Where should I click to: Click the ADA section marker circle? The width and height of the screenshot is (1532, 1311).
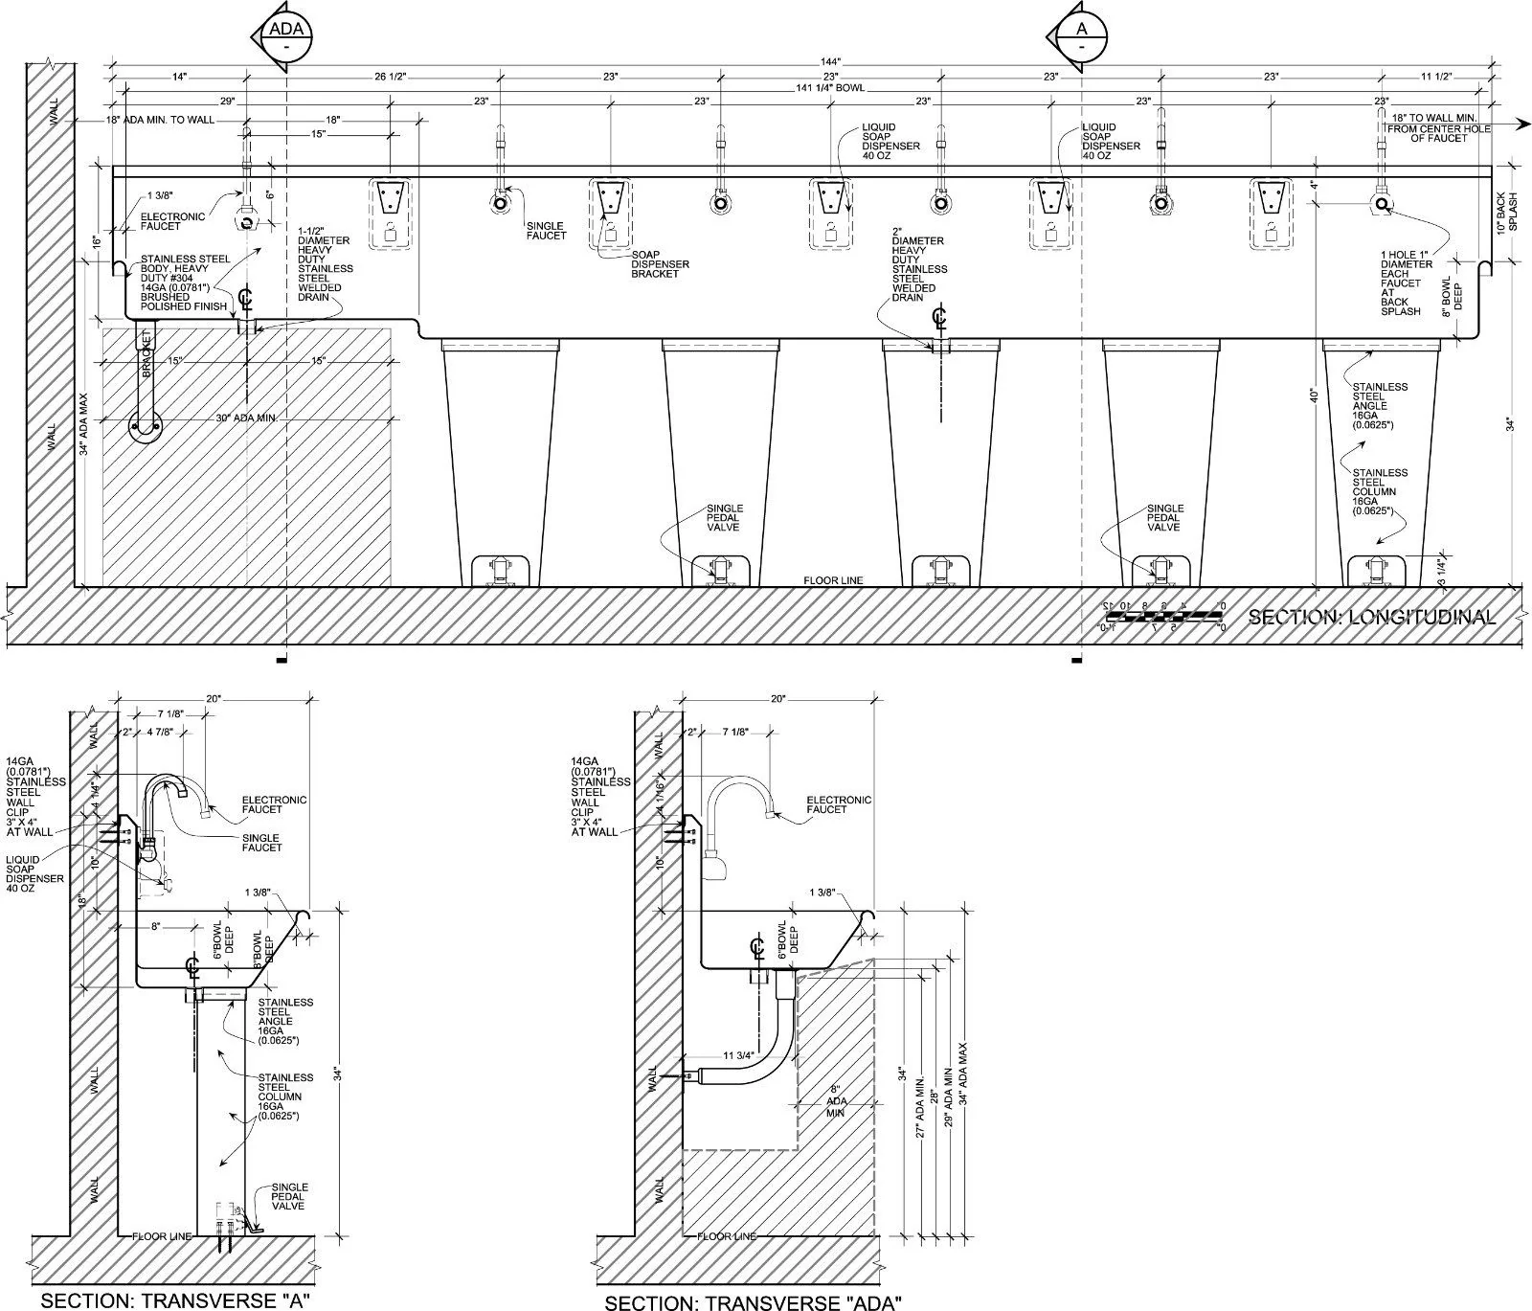pos(285,36)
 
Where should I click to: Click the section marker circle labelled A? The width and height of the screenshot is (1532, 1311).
pos(1081,36)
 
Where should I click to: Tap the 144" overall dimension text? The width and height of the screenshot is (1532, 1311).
pos(830,62)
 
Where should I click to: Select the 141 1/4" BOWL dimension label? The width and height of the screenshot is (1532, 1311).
pos(830,88)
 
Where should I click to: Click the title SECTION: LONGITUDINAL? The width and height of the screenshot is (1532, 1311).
pos(1371,618)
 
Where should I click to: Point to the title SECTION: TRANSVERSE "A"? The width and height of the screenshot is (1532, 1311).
pos(175,1300)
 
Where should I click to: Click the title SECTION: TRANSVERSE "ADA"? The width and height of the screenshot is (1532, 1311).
pos(753,1301)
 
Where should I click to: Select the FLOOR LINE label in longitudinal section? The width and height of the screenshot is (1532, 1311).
pos(833,580)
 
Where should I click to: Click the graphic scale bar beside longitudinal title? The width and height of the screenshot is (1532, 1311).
pos(1162,617)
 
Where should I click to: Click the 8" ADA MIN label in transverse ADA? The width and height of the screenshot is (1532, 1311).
pos(834,1101)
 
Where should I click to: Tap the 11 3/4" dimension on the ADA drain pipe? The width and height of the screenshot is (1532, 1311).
pos(738,1055)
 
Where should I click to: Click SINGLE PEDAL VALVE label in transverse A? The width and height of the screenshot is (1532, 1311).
pos(288,1196)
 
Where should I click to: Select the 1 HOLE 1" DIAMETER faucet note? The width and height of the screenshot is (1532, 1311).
pos(1407,283)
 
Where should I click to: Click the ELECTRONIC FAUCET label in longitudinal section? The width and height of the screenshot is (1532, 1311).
pos(172,221)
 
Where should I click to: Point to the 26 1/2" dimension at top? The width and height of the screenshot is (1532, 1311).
pos(393,76)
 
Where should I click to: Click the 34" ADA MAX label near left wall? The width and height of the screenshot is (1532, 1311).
pos(84,421)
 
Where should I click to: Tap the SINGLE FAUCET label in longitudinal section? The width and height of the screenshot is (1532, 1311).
pos(546,231)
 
